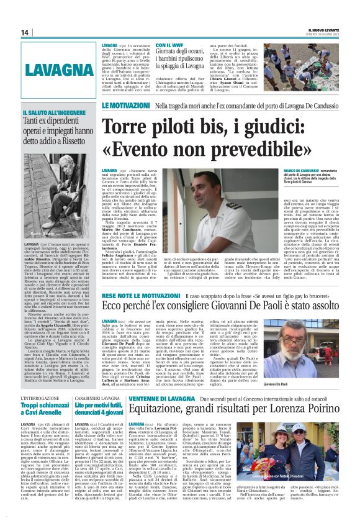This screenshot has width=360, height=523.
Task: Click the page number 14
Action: pos(25,32)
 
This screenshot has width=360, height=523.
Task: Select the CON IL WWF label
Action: pos(170,46)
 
